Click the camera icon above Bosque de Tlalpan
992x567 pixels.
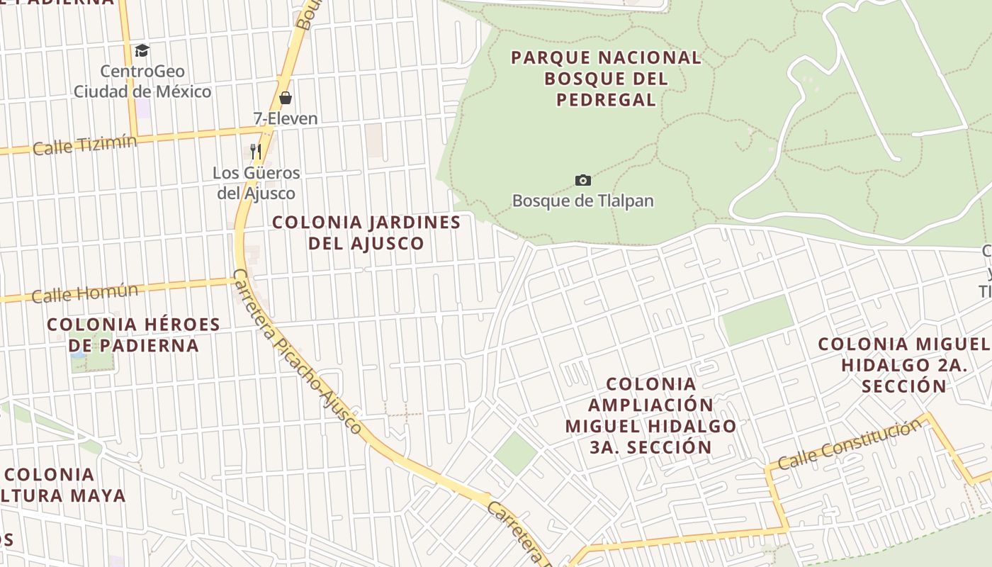583,180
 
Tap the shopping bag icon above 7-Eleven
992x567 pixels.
286,98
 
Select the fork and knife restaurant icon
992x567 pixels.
256,151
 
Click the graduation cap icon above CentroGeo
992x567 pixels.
142,50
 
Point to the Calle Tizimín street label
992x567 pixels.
85,145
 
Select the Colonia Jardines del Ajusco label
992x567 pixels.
366,232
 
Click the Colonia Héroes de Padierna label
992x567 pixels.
133,335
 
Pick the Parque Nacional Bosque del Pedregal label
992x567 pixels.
606,78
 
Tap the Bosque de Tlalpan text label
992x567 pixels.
583,201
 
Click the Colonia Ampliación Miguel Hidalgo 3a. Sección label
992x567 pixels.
650,415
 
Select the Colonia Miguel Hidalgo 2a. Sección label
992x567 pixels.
904,365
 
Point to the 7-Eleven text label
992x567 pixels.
286,118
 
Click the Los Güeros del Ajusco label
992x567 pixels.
257,183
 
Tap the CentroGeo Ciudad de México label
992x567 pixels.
142,82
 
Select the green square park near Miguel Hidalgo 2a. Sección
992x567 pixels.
757,320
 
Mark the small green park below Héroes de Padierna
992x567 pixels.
91,352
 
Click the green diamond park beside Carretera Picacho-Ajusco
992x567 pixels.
515,453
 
